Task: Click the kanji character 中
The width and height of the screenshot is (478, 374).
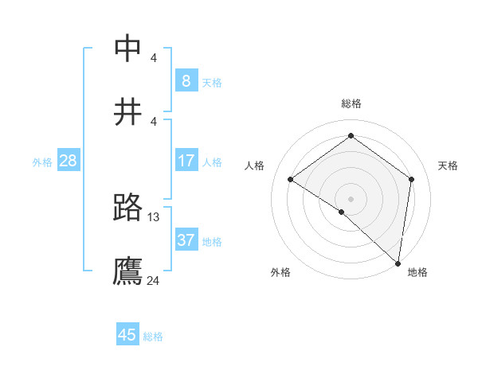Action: (128, 49)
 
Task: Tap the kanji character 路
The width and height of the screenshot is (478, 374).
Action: (128, 208)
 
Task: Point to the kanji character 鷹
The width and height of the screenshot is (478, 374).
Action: (128, 271)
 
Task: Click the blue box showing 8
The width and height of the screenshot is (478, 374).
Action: (186, 80)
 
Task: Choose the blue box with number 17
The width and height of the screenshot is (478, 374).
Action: (186, 161)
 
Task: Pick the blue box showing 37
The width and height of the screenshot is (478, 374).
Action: (186, 240)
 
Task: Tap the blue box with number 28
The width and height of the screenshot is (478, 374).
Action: (68, 161)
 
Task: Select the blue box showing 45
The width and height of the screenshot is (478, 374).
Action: (127, 335)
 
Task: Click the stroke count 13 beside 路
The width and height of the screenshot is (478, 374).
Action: (154, 216)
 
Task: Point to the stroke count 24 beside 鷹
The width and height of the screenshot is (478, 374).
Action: (154, 280)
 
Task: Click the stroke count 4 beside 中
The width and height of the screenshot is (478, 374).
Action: (154, 57)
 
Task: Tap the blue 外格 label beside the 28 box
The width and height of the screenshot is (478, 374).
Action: (42, 162)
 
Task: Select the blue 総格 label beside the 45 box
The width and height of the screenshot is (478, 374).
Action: (153, 337)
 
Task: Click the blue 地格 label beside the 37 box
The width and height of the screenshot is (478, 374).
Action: (212, 242)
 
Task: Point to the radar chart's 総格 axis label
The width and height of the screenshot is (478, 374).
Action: (351, 103)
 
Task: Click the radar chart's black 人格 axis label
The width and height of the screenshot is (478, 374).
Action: (255, 166)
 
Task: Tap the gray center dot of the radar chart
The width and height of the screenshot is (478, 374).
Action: (351, 198)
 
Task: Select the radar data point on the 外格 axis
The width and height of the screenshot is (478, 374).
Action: (342, 212)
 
